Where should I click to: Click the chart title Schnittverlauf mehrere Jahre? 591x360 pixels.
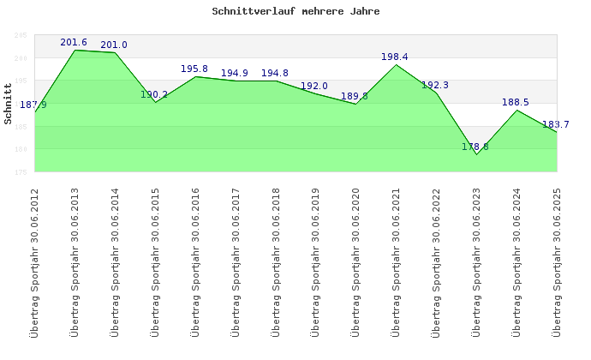[295, 12]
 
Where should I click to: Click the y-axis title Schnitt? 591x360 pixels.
[8, 109]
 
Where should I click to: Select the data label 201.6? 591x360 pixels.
[74, 42]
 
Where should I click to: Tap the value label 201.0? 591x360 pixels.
[114, 45]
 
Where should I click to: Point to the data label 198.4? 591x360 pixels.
[395, 57]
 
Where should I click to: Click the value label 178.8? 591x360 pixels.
[475, 147]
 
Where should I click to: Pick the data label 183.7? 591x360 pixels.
[555, 124]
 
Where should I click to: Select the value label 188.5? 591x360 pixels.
[516, 102]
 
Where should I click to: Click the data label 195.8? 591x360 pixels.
[194, 69]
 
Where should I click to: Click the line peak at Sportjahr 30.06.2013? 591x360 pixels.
[75, 50]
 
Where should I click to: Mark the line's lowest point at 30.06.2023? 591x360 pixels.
[476, 154]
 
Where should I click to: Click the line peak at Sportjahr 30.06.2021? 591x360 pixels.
[396, 64]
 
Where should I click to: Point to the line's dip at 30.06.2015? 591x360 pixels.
[155, 102]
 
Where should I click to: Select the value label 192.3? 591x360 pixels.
[435, 85]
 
